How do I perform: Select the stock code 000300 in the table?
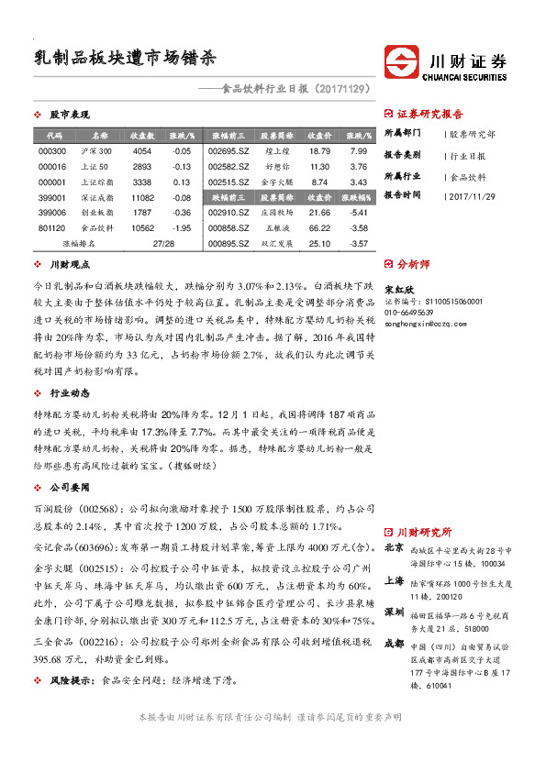pos(51,150)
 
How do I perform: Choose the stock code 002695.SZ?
pos(228,150)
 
